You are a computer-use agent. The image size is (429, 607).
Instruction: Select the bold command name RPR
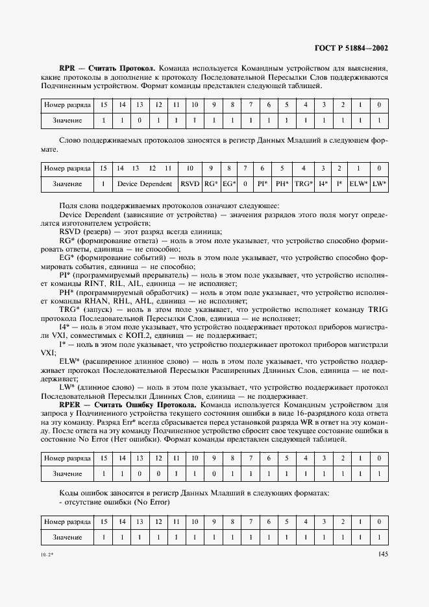67,68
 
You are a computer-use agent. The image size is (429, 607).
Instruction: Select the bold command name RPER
69,405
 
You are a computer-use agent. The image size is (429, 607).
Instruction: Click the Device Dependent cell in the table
144,184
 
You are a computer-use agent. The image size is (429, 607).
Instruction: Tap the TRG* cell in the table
303,184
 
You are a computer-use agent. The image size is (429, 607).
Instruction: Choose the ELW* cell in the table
358,184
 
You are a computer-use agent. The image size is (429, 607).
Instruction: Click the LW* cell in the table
380,184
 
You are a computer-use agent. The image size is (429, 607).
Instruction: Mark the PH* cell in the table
281,184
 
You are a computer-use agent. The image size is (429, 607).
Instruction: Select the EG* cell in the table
228,184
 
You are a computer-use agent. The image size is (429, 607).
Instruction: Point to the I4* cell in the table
323,184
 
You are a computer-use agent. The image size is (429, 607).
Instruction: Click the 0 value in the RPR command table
139,121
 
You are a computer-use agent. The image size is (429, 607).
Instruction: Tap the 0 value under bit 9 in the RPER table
213,475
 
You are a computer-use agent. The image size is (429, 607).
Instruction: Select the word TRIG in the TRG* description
375,309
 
